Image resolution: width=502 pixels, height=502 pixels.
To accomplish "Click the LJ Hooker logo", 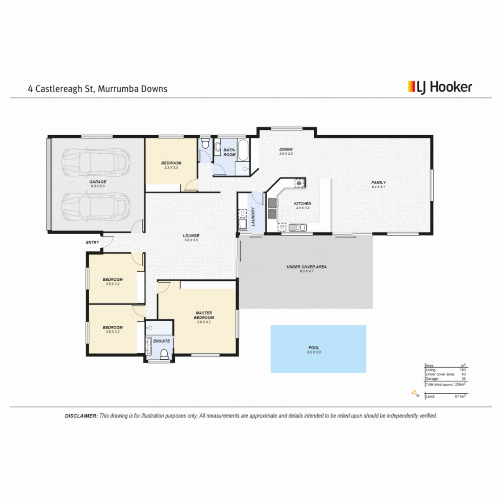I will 440,86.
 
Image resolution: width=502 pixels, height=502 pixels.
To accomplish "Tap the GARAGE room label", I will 98,182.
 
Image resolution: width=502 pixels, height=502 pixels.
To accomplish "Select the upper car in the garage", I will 96,160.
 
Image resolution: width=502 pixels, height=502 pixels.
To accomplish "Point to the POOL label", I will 314,348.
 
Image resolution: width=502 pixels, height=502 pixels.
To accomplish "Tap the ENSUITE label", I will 162,341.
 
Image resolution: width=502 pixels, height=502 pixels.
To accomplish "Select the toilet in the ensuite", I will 164,355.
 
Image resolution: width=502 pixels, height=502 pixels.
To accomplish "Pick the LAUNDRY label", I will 253,217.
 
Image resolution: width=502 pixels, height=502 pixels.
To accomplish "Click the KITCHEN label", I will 302,204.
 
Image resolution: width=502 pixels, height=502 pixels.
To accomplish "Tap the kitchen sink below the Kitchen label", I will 297,227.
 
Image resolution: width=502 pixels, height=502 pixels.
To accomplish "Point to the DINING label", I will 286,149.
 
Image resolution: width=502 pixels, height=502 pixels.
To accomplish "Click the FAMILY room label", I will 378,183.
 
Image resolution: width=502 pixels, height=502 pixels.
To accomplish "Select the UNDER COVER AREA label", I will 306,267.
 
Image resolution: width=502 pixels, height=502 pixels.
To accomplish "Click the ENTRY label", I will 92,242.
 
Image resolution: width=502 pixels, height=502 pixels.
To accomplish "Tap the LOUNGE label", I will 191,236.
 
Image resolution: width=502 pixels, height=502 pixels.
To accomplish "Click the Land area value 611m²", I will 460,396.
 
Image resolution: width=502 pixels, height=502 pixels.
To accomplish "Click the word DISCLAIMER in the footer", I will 81,416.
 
